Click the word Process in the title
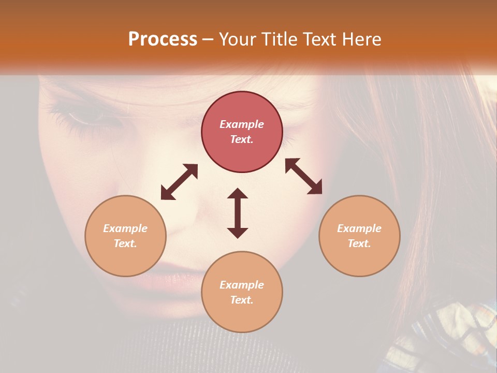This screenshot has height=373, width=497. [x=163, y=39]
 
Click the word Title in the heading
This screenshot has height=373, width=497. [x=279, y=39]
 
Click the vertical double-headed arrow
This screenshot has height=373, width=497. [x=238, y=213]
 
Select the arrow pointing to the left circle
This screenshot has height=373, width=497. [x=179, y=182]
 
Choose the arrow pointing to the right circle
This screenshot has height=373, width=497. [x=304, y=176]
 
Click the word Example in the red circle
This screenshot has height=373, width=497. [x=242, y=124]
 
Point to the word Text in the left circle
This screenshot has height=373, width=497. [x=125, y=243]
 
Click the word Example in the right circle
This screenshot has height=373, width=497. [x=359, y=228]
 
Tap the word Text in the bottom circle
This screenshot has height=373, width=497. [x=242, y=300]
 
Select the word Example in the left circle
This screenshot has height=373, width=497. [x=125, y=228]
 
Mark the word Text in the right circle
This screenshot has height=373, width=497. [x=359, y=243]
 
